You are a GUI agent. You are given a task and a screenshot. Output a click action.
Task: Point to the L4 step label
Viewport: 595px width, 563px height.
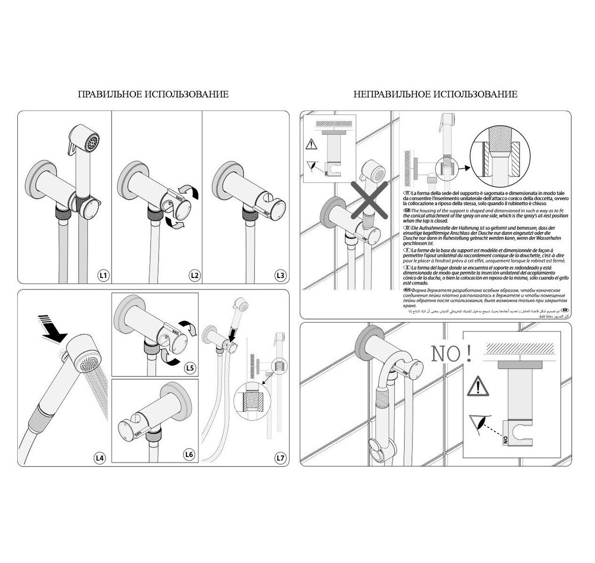[100, 458]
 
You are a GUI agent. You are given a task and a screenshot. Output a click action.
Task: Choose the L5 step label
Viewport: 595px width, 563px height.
[189, 367]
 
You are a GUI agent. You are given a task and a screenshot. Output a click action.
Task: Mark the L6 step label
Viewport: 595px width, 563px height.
[189, 453]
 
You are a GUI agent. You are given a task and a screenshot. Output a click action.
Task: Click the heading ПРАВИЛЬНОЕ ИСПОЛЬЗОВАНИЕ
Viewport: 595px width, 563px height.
[153, 94]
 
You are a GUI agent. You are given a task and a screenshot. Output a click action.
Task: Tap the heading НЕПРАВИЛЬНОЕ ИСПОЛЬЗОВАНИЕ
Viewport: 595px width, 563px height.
[435, 94]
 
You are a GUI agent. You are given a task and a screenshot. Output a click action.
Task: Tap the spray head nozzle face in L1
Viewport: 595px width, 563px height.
[91, 144]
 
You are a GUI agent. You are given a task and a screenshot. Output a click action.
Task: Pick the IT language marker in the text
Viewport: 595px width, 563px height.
[407, 192]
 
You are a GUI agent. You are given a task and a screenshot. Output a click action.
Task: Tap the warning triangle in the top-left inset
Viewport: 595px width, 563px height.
[310, 144]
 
